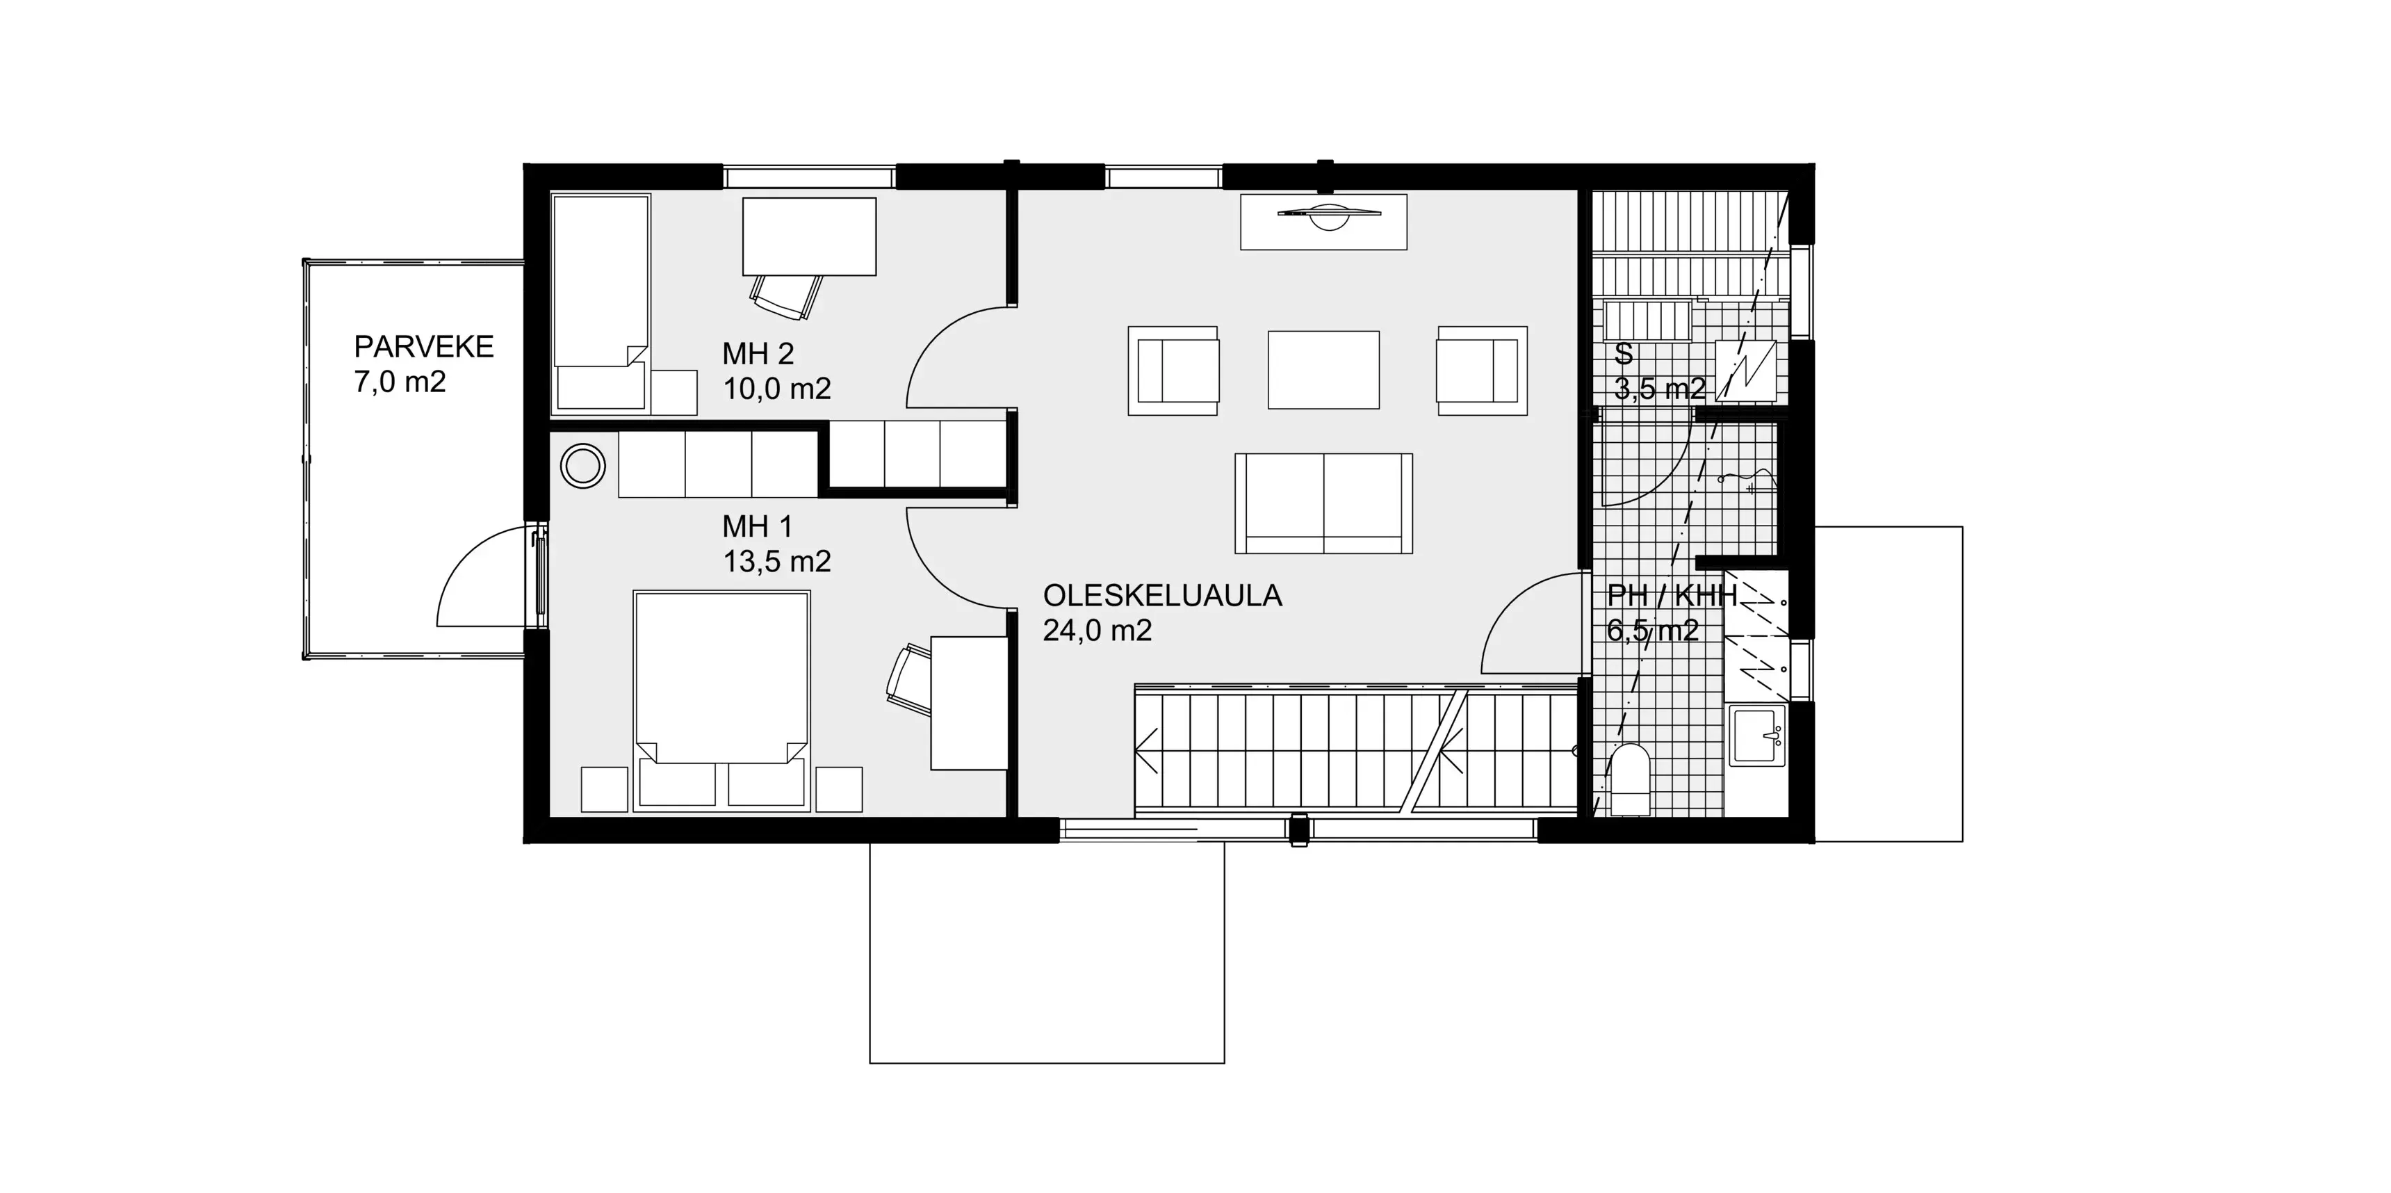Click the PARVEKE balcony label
[x=423, y=346]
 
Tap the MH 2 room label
[x=758, y=354]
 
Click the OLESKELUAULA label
[x=1162, y=595]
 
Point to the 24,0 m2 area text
[x=1097, y=631]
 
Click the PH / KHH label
[x=1671, y=595]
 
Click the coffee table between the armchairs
[x=1323, y=369]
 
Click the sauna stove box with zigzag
[x=1745, y=371]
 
